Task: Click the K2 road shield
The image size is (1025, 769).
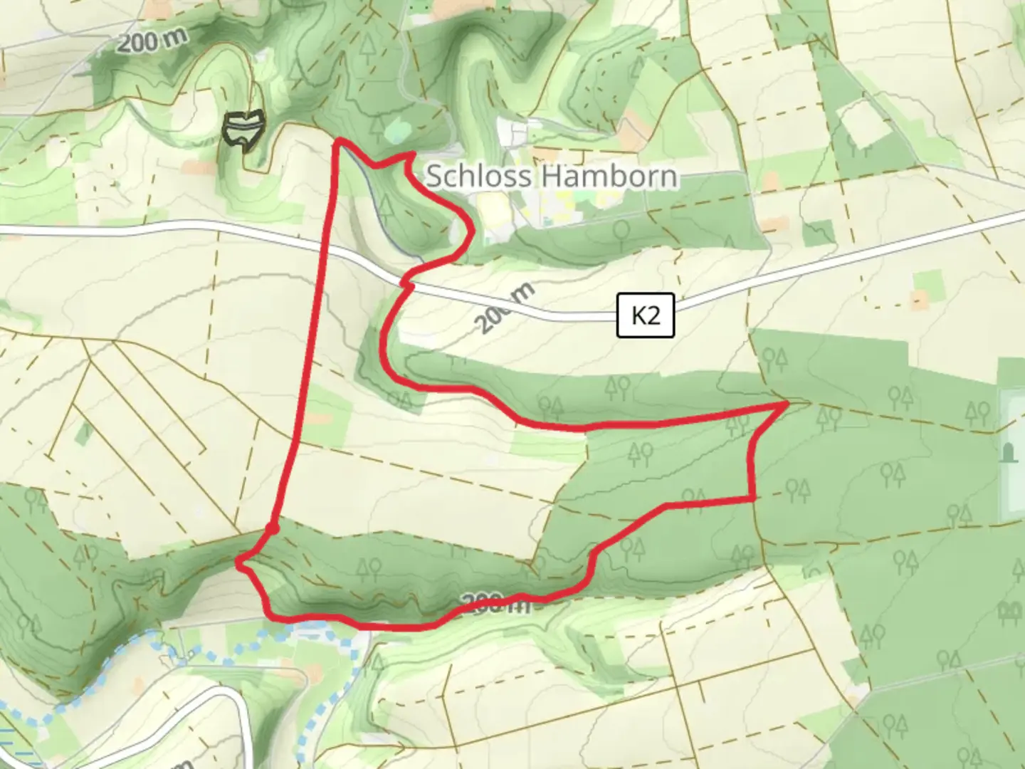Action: (645, 315)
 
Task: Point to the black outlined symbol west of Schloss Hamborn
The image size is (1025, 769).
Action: (243, 129)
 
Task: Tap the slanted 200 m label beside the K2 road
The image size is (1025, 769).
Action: (505, 308)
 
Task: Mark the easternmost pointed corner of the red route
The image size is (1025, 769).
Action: (786, 404)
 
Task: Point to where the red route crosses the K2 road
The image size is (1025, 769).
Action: (406, 284)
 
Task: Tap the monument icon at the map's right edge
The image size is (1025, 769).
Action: (1008, 452)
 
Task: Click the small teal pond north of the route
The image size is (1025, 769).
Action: (396, 130)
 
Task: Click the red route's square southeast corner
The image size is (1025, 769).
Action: (753, 499)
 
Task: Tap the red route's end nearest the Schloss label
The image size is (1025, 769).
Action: (412, 154)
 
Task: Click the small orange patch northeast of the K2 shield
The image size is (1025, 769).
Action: (920, 299)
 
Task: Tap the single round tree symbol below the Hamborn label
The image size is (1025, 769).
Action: (621, 230)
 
